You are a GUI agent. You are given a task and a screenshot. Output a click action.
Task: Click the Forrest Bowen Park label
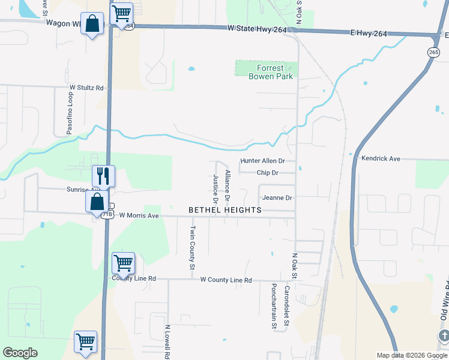point(267,73)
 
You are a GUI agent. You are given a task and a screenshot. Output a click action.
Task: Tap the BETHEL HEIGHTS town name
point(225,210)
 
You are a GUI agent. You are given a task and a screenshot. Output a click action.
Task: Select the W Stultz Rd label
point(86,88)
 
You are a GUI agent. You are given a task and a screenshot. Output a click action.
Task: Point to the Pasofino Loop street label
point(70,113)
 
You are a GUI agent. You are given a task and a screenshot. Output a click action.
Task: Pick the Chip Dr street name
point(267,173)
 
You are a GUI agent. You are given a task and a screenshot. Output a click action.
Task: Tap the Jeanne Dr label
point(276,198)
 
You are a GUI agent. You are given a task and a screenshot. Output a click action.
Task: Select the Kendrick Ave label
point(381,159)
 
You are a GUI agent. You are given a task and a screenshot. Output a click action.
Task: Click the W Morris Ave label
point(139,215)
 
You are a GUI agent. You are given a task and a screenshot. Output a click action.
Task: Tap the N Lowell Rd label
point(167,342)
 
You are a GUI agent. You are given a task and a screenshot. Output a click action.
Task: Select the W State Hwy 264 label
point(257,28)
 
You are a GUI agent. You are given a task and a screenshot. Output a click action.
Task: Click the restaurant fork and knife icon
point(103,176)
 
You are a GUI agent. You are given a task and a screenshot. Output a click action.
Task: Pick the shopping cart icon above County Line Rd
point(123,262)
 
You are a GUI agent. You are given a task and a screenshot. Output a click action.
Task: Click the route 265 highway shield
point(433,52)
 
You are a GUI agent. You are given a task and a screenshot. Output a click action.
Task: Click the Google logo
point(20,353)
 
